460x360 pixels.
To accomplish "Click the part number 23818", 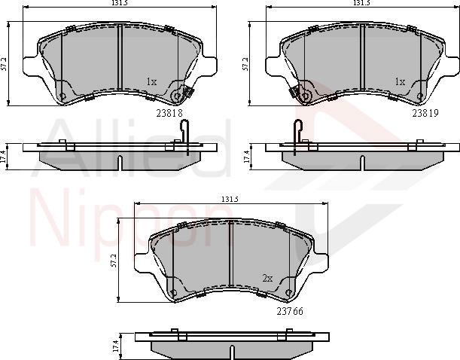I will pyautogui.click(x=170, y=113).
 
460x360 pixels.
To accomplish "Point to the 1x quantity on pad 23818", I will pyautogui.click(x=151, y=81).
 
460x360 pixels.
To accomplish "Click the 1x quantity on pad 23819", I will pyautogui.click(x=400, y=81).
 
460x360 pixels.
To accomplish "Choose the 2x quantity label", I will pyautogui.click(x=267, y=277).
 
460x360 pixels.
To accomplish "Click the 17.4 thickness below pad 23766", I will pyautogui.click(x=115, y=345).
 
